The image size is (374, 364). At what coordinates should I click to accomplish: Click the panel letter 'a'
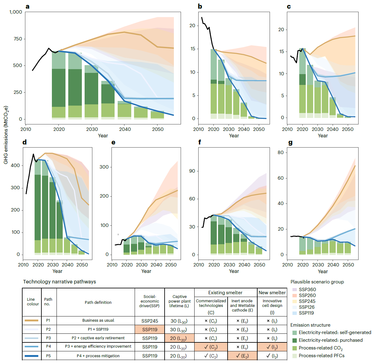27,6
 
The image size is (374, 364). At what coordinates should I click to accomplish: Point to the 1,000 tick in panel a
16,12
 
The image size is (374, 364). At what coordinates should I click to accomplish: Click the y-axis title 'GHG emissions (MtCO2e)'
6,135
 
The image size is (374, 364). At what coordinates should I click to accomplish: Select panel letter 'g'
290,143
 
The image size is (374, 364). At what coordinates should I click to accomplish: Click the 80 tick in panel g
280,153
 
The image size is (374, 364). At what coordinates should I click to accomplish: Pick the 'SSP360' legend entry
307,290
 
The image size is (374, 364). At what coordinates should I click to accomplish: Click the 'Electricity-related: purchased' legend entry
330,340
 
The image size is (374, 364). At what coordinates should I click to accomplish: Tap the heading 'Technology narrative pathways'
60,282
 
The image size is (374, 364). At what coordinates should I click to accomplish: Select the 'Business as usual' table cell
98,320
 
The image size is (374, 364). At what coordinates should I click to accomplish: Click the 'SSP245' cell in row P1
150,321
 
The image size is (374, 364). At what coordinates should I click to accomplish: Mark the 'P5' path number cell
48,356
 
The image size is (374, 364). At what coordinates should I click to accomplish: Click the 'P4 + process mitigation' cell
98,356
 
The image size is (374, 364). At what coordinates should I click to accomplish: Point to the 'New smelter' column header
272,293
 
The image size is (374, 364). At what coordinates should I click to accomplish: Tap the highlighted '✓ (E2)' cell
242,356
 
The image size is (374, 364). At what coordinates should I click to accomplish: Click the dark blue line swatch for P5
32,356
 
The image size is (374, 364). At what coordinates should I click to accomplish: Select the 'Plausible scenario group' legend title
317,282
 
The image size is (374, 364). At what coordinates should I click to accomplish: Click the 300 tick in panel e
104,167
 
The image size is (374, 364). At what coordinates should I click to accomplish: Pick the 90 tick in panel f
192,171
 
